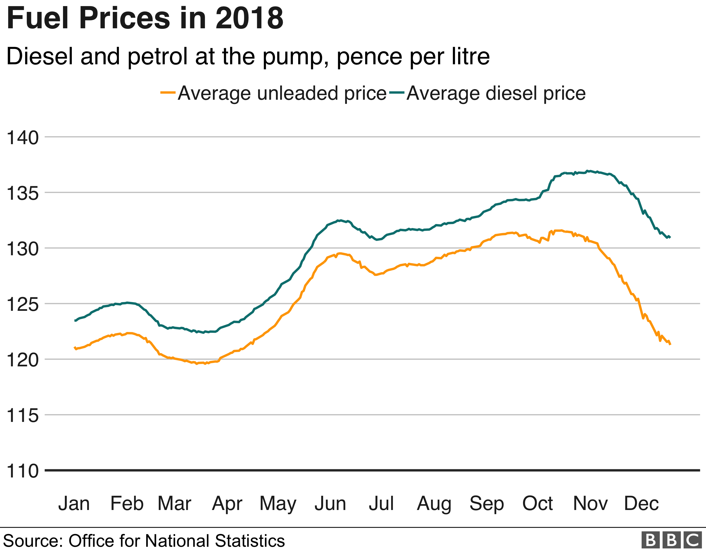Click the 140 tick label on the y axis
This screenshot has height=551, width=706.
tap(22, 138)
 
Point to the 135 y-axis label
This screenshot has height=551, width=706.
tap(22, 193)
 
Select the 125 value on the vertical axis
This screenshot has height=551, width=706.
tap(22, 304)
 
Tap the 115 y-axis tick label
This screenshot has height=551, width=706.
tap(22, 416)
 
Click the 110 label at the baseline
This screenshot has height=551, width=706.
tap(22, 471)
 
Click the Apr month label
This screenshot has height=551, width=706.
tap(227, 504)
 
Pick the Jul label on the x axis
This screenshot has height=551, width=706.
tap(381, 504)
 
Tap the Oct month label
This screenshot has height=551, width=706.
tap(537, 504)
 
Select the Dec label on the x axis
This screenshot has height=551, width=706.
tap(641, 504)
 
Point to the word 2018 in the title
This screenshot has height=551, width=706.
tap(249, 19)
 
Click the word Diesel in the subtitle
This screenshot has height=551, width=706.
tap(40, 57)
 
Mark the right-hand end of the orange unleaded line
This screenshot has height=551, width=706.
tap(670, 345)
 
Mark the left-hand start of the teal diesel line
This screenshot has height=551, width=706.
tap(75, 321)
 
